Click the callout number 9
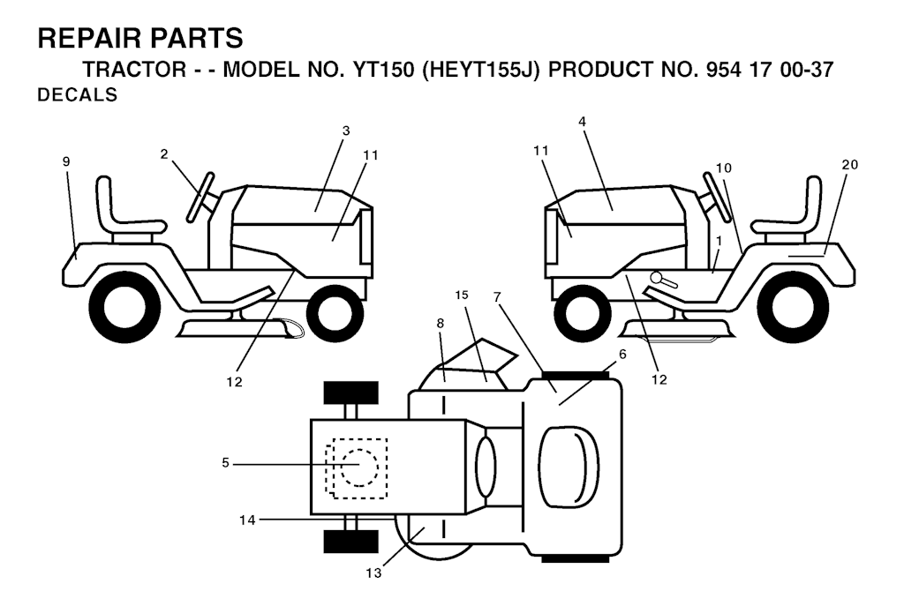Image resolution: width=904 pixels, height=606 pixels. pyautogui.click(x=66, y=162)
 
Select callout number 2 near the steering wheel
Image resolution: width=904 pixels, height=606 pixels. pyautogui.click(x=164, y=153)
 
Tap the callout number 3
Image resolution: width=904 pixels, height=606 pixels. pyautogui.click(x=346, y=131)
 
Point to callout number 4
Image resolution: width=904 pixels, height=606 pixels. pyautogui.click(x=583, y=122)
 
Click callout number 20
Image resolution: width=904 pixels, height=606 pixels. pyautogui.click(x=850, y=165)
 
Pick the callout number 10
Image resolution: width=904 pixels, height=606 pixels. pyautogui.click(x=724, y=168)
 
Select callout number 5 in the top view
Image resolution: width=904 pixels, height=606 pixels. pyautogui.click(x=225, y=462)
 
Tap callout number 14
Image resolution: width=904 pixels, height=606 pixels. pyautogui.click(x=247, y=520)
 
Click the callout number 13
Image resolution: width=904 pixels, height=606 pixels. pyautogui.click(x=373, y=573)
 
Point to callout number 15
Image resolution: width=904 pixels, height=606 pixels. pyautogui.click(x=461, y=295)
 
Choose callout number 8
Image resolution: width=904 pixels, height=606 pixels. pyautogui.click(x=441, y=323)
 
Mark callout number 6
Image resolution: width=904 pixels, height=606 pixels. pyautogui.click(x=622, y=355)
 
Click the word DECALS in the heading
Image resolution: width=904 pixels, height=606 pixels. pyautogui.click(x=78, y=94)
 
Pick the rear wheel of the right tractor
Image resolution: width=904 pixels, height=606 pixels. pyautogui.click(x=793, y=307)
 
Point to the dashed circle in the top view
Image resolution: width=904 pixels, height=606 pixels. pyautogui.click(x=359, y=468)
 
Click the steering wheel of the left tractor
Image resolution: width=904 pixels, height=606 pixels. pyautogui.click(x=200, y=197)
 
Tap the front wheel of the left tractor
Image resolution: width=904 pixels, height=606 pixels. pyautogui.click(x=330, y=314)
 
